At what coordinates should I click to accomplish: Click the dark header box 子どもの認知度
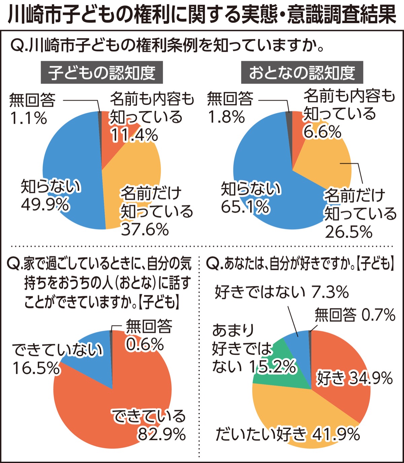point(102,72)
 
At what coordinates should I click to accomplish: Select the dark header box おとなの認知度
point(302,72)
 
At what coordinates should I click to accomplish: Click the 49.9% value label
point(45,205)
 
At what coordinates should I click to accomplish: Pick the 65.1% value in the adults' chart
point(245,207)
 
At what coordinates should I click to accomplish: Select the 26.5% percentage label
point(349,232)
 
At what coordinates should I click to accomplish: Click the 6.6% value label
point(322,132)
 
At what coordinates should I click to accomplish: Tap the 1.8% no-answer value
point(226,118)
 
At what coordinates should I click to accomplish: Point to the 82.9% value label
point(162,435)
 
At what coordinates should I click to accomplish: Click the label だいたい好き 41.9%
point(288,435)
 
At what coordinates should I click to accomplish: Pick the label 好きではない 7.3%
point(281,292)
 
